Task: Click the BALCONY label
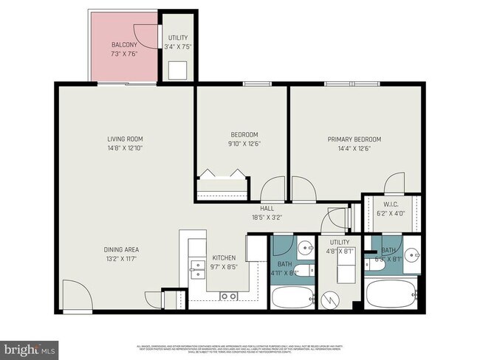click(x=123, y=44)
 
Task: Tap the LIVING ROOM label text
click(x=125, y=139)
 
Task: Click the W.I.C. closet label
click(x=391, y=204)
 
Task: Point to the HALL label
click(x=267, y=209)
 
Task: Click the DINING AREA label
click(x=122, y=249)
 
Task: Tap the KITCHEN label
click(x=224, y=258)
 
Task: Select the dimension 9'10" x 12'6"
click(x=244, y=143)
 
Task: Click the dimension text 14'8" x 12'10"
click(x=125, y=148)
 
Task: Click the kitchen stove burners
click(x=228, y=296)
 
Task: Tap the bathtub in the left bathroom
click(x=292, y=297)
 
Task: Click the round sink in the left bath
click(x=304, y=246)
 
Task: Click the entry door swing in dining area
click(x=76, y=295)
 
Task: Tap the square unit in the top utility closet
click(x=177, y=70)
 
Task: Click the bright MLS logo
click(x=30, y=347)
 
